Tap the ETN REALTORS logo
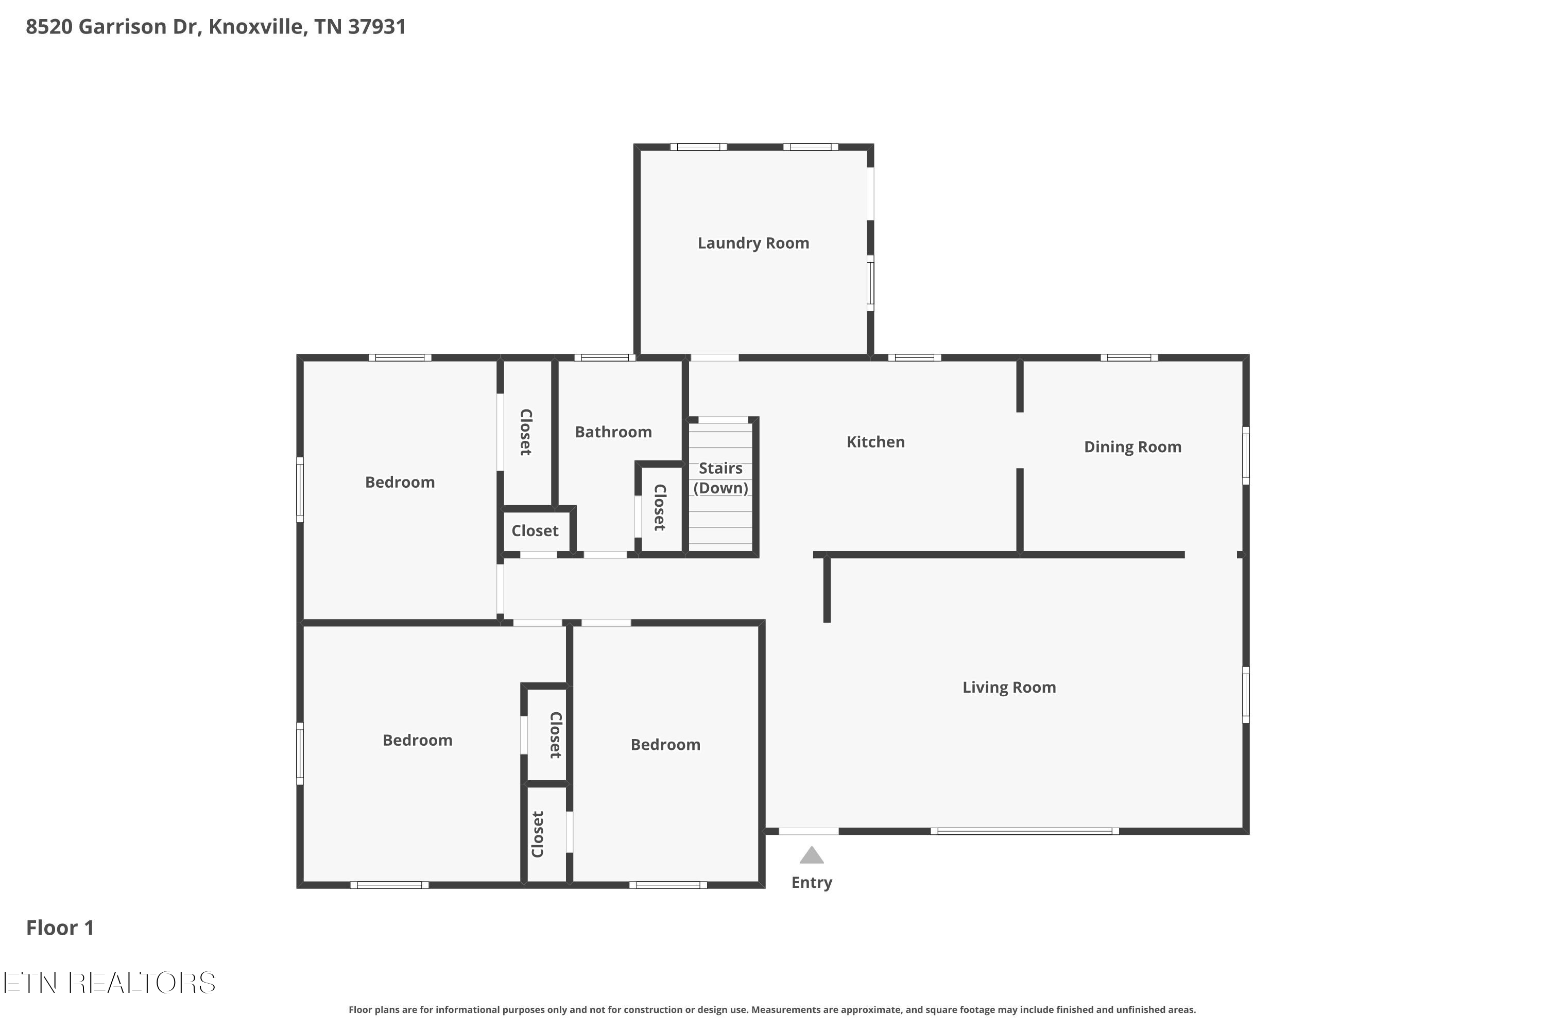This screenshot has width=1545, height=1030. pos(110,983)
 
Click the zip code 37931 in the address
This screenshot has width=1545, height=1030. pos(376,27)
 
